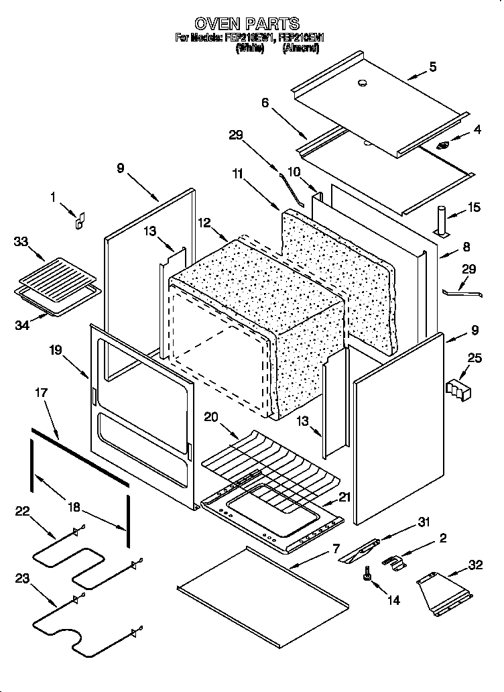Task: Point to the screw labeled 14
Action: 367,575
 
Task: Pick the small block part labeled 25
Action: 459,388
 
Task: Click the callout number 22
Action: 23,512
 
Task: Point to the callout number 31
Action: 423,522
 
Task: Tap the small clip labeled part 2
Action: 395,562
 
